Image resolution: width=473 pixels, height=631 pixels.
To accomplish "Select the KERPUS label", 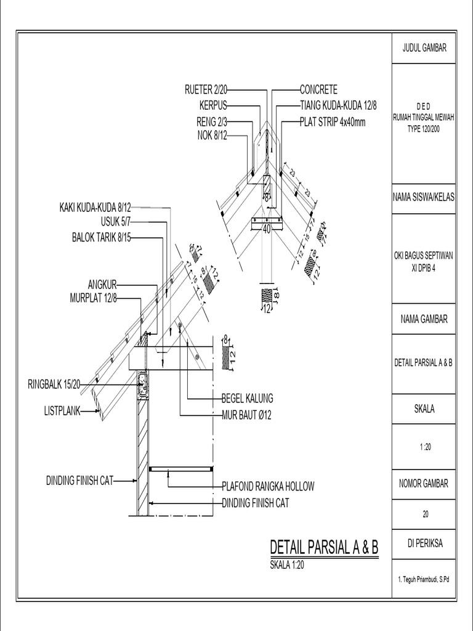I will pyautogui.click(x=214, y=105).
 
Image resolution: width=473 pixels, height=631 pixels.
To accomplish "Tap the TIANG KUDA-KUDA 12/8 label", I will pyautogui.click(x=338, y=105).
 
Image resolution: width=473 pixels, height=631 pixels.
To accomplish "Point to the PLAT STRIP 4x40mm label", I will pyautogui.click(x=333, y=122).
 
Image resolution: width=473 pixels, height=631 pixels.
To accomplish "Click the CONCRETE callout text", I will pyautogui.click(x=318, y=90).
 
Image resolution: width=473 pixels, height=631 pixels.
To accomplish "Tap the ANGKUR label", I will pyautogui.click(x=102, y=285).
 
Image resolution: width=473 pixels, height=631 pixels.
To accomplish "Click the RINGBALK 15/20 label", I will pyautogui.click(x=54, y=385).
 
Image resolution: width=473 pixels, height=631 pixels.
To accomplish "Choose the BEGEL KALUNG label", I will pyautogui.click(x=247, y=398).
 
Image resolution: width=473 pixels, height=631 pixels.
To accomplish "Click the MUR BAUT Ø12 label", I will pyautogui.click(x=246, y=415).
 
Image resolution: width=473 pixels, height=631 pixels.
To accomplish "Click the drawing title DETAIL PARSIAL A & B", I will pyautogui.click(x=323, y=547).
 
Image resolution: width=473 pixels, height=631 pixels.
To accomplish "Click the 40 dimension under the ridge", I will pyautogui.click(x=267, y=229).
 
